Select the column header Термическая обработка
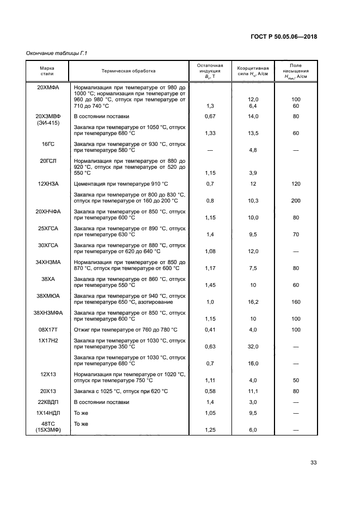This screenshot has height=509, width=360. click(x=129, y=70)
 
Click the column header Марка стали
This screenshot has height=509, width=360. click(x=47, y=70)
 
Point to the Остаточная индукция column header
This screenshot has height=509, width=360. click(x=210, y=70)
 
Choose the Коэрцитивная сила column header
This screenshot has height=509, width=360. click(x=253, y=70)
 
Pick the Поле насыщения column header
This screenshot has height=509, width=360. click(x=296, y=71)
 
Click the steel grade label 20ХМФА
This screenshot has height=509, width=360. click(x=47, y=87)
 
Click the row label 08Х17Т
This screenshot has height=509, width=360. click(x=47, y=329)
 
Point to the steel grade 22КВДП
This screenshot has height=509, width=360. click(x=47, y=402)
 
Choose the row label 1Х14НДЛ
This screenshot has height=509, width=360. click(x=47, y=413)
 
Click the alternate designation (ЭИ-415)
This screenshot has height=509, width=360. click(x=47, y=122)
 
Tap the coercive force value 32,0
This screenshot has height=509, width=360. click(x=253, y=346)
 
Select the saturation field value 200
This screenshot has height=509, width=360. click(x=296, y=201)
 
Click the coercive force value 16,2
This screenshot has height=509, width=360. click(x=253, y=302)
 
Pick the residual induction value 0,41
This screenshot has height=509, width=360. click(x=210, y=329)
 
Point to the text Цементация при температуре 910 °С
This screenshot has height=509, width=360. click(x=121, y=184)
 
